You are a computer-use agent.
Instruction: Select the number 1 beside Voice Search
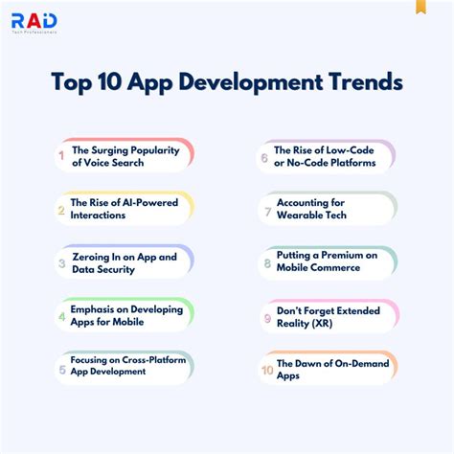coord(61,154)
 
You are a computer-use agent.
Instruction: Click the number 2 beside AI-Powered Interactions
coord(61,208)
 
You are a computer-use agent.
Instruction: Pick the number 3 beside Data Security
coord(61,261)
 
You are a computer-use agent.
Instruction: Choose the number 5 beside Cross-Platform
coord(61,368)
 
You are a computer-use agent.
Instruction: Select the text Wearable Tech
coord(310,215)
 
